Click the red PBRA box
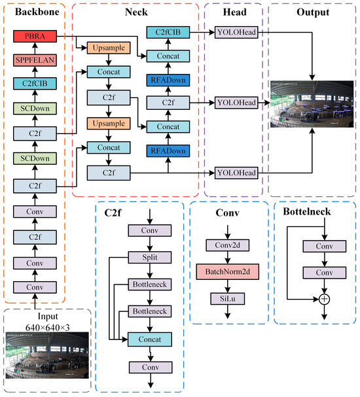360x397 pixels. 35,36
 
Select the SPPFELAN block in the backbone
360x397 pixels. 35,60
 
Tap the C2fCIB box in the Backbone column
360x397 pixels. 35,84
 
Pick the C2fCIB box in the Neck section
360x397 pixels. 168,33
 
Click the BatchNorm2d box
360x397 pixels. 228,271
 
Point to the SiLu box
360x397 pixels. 228,299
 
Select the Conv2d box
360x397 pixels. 228,245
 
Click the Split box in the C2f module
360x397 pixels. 150,258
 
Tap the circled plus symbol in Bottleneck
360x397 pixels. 324,300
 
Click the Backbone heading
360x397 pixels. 37,12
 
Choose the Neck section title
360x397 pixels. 136,12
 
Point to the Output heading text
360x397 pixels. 313,12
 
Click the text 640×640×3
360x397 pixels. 47,328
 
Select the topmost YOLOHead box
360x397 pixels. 236,33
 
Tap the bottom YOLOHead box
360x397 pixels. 236,173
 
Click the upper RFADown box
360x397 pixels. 168,80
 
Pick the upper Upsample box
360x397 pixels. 109,48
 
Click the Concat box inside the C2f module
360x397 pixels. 150,339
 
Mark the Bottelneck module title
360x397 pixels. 307,212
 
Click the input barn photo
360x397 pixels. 47,355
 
